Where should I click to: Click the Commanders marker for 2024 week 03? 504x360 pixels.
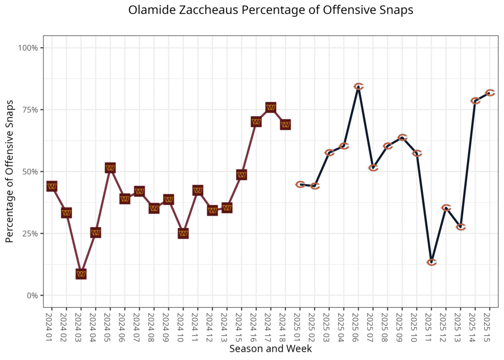[x=81, y=274]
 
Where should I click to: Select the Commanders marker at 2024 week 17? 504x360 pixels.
[x=271, y=107]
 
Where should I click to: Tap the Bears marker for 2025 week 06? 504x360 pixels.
[x=358, y=87]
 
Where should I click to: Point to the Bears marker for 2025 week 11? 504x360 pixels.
[x=432, y=262]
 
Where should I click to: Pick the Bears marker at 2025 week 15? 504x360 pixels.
[x=490, y=93]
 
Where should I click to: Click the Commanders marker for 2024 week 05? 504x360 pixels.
[x=110, y=168]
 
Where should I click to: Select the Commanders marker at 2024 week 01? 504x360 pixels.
[x=52, y=186]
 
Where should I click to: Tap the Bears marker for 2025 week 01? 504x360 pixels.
[x=300, y=184]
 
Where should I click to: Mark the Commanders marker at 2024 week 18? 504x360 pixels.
[x=285, y=125]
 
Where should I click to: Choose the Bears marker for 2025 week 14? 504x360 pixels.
[x=475, y=101]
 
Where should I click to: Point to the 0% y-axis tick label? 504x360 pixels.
[x=32, y=295]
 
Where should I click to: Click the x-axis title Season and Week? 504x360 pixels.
[x=270, y=349]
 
